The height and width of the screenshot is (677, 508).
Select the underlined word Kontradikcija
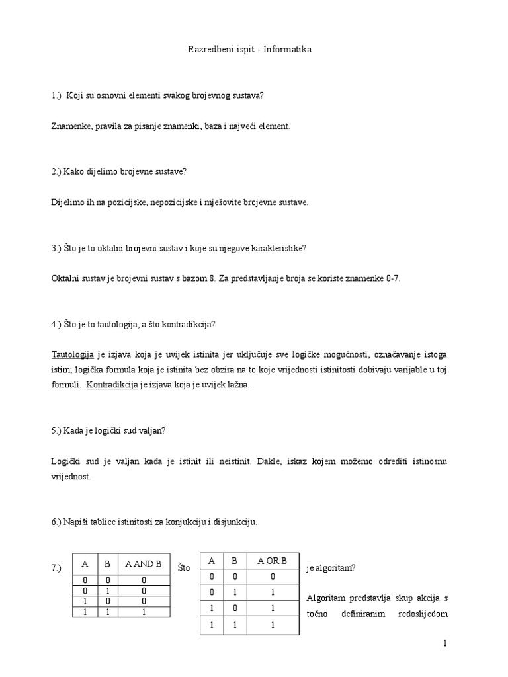(112, 384)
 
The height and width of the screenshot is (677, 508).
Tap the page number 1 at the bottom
(446, 643)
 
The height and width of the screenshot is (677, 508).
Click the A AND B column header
(144, 564)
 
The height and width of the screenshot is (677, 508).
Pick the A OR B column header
(273, 561)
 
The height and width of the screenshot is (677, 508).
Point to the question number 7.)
(55, 568)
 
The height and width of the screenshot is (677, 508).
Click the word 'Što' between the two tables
(184, 568)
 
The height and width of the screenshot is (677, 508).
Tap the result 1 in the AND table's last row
(144, 612)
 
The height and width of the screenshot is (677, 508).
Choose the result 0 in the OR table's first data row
(273, 576)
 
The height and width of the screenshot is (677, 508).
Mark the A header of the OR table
(212, 561)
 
